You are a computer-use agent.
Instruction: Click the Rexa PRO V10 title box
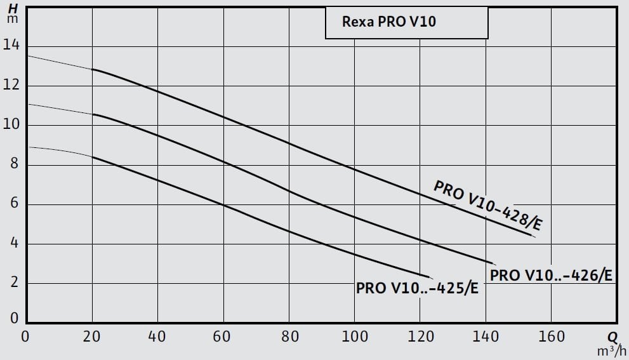click(406, 22)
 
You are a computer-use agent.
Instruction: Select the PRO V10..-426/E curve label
click(551, 276)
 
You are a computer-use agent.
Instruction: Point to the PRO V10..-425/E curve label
click(417, 288)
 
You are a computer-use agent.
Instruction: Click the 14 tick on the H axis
click(11, 46)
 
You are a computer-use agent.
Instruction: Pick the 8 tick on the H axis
click(13, 164)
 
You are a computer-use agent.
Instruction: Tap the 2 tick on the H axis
click(13, 283)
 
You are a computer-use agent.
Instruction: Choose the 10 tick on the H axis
click(11, 125)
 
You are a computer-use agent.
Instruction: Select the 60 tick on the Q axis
click(222, 337)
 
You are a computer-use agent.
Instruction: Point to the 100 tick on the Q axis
click(354, 337)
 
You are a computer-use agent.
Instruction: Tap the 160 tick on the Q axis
click(550, 337)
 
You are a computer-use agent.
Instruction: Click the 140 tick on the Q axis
click(484, 337)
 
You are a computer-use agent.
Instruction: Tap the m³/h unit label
click(612, 350)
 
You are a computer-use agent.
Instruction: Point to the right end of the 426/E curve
click(494, 263)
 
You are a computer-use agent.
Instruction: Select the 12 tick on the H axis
click(11, 86)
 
